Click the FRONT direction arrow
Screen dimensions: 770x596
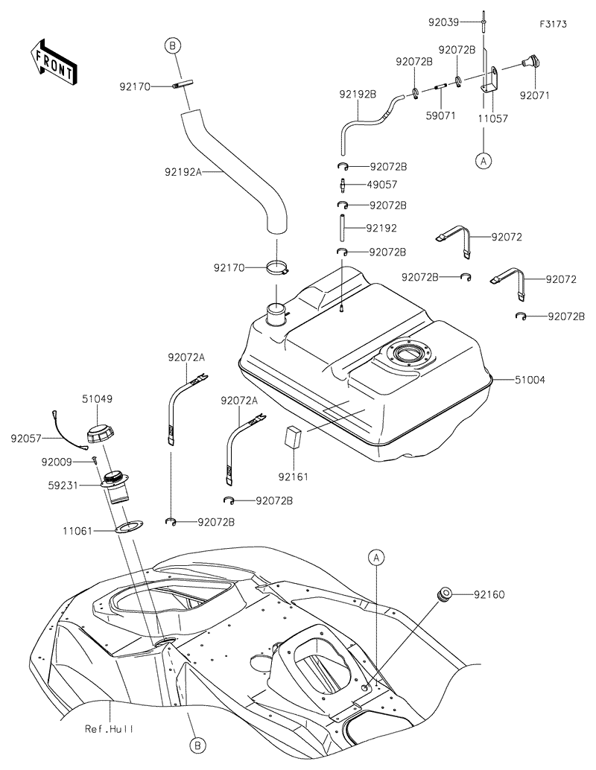tap(52, 61)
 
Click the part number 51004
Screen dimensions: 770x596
tap(530, 380)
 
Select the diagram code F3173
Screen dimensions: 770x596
tap(554, 24)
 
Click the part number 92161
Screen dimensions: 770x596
tap(293, 474)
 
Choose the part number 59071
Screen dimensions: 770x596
tap(440, 117)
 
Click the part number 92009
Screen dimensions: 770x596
tap(59, 462)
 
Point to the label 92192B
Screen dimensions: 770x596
tap(358, 95)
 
